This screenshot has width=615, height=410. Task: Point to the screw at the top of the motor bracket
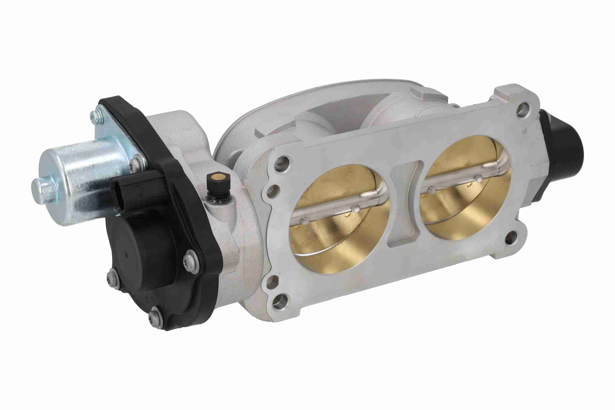pos(95,116)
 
